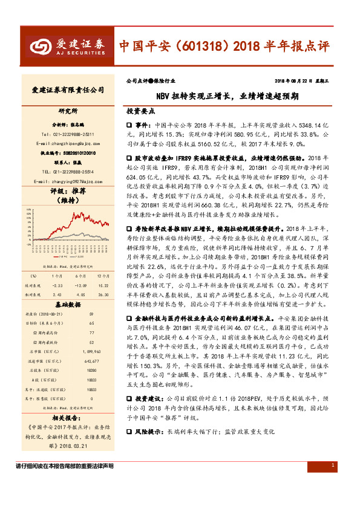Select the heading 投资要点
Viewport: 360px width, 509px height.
coord(140,112)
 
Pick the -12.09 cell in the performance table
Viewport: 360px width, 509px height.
coord(80,285)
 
